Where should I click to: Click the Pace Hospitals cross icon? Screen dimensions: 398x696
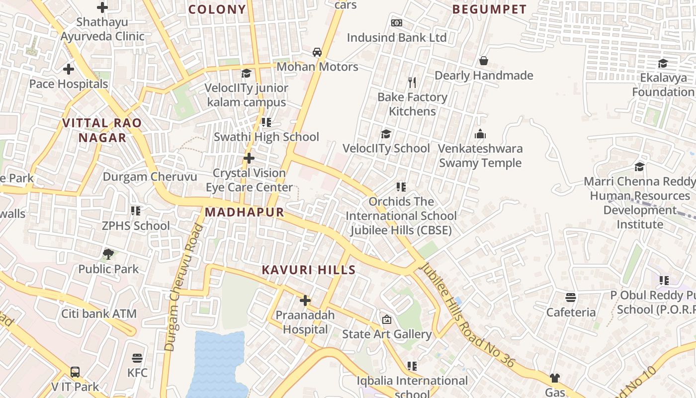(69, 69)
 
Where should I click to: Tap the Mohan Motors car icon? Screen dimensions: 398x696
(317, 52)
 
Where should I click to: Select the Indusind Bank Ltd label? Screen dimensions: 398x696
(396, 37)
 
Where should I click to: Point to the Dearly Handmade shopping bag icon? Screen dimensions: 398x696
(483, 61)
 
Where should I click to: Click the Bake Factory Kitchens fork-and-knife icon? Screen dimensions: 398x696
(412, 82)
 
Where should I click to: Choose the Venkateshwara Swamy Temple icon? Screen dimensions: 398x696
(480, 134)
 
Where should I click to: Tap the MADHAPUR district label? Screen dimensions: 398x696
(244, 212)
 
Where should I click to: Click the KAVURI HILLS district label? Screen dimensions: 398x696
(308, 270)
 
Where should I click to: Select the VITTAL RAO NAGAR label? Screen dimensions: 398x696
(102, 130)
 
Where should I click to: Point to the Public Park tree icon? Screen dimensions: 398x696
(108, 254)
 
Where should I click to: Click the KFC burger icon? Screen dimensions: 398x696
(137, 358)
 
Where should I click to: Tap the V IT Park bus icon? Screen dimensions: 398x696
(75, 372)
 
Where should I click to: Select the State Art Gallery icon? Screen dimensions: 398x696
(386, 319)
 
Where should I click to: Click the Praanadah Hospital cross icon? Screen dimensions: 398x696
(305, 300)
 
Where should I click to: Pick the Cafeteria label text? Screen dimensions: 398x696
(571, 312)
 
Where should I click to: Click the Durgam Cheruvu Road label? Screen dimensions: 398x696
(184, 288)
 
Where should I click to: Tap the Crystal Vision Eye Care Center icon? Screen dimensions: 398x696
(249, 159)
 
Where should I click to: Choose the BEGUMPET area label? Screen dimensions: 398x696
(489, 9)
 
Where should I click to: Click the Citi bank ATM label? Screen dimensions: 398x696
(98, 314)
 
